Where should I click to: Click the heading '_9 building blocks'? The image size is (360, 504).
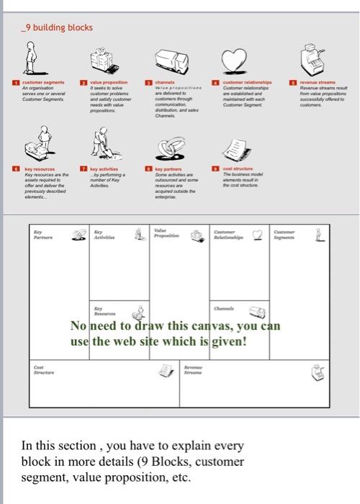click(58, 27)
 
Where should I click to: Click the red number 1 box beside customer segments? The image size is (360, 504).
click(16, 84)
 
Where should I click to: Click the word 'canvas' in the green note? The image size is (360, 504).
click(215, 325)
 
